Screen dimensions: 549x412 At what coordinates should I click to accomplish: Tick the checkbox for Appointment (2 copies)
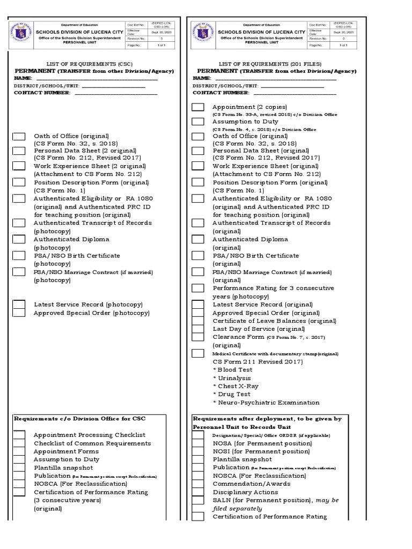[198, 107]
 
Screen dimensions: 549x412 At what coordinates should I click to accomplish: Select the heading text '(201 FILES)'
[307, 63]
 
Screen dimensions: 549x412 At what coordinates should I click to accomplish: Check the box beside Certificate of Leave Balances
[198, 321]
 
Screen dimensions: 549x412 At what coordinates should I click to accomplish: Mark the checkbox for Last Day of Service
[198, 329]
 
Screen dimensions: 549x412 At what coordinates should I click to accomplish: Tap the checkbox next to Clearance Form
[198, 337]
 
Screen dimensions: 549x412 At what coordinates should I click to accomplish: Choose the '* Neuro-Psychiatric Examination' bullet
[266, 402]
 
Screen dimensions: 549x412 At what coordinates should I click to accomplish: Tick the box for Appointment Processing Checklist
[19, 435]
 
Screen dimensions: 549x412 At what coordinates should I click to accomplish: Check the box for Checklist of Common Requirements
[19, 443]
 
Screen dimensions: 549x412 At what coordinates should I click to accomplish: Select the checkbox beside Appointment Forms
[19, 451]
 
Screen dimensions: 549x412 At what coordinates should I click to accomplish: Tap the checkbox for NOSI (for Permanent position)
[198, 451]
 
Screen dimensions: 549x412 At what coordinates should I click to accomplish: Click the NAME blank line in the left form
[97, 79]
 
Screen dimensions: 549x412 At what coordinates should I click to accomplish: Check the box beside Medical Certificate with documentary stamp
[198, 353]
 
